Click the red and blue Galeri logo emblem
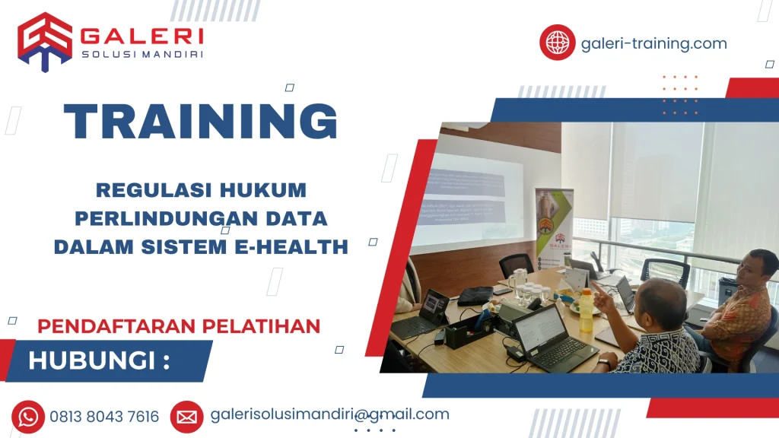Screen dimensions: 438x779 pyautogui.click(x=45, y=41)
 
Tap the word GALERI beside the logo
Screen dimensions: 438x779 pyautogui.click(x=141, y=36)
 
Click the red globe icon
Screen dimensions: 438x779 pyautogui.click(x=558, y=43)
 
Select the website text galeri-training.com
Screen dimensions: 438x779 pyautogui.click(x=653, y=43)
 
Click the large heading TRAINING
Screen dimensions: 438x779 pyautogui.click(x=201, y=121)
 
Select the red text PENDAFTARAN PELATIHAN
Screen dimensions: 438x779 pyautogui.click(x=179, y=326)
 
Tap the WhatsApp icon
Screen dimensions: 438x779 pyautogui.click(x=28, y=417)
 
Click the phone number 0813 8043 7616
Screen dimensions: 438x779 pyautogui.click(x=105, y=417)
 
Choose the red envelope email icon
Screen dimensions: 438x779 pyautogui.click(x=186, y=417)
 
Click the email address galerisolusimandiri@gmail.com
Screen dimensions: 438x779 pyautogui.click(x=329, y=414)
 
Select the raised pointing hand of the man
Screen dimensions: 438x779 pyautogui.click(x=599, y=297)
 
